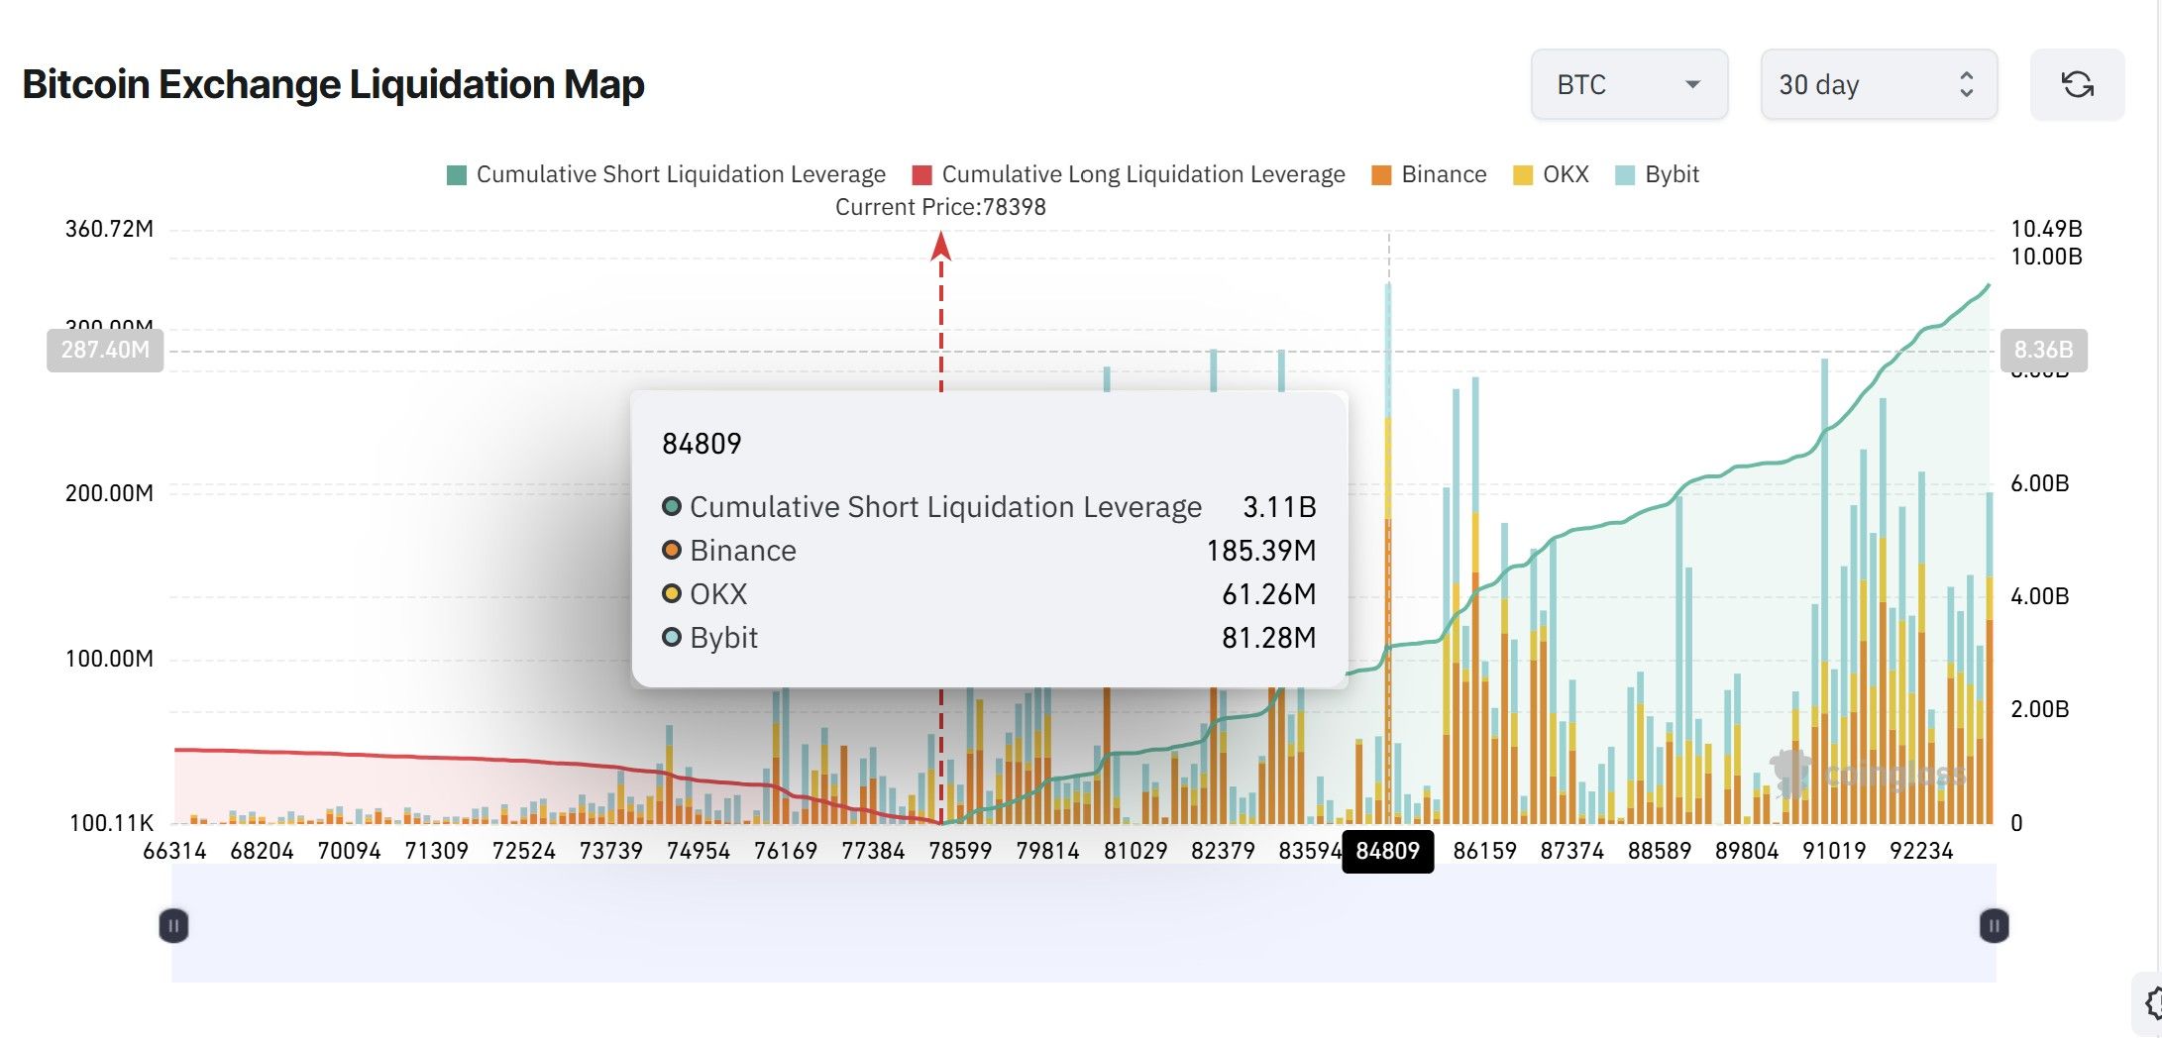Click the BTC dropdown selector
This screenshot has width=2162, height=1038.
coord(1629,85)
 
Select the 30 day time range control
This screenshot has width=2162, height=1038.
coord(1878,85)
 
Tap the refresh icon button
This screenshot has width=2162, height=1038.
coord(2077,85)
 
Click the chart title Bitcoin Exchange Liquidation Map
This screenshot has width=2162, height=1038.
coord(333,84)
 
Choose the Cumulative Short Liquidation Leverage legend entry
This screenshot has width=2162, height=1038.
coord(666,174)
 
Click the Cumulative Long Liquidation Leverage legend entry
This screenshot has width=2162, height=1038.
coord(1129,174)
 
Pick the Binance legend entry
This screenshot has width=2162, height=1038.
coord(1429,174)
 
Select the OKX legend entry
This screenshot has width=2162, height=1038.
coord(1552,174)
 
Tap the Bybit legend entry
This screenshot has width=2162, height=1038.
coord(1657,174)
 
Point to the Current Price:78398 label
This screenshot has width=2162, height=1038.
coord(940,207)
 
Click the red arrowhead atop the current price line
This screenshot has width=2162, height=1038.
coord(941,246)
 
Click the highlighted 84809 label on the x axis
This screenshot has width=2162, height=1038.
coord(1387,851)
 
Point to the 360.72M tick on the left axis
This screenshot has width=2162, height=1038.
coord(109,229)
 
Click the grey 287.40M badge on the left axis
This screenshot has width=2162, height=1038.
coord(105,350)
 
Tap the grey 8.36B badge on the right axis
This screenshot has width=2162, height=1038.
coord(2043,350)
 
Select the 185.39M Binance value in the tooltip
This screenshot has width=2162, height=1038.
coord(1260,551)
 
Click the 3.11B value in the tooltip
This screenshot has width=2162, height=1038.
coord(1279,507)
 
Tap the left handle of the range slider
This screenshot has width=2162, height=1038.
coord(173,926)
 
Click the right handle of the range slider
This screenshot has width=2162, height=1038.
coord(1994,926)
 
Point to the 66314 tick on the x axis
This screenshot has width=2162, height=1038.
coord(174,851)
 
